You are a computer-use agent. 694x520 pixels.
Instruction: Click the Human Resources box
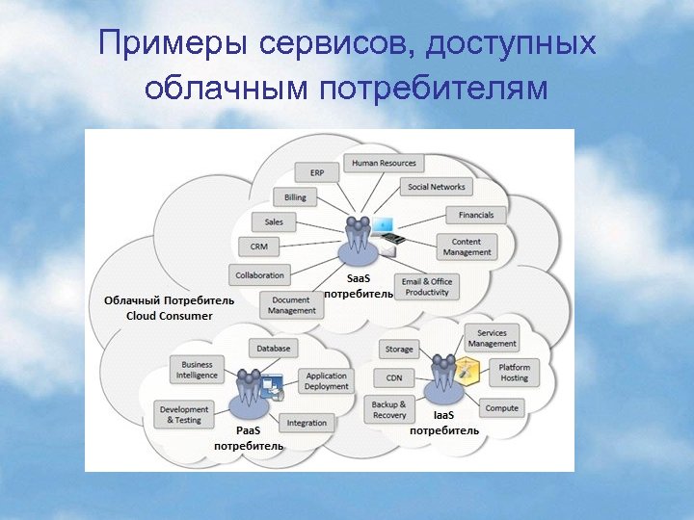[x=384, y=163]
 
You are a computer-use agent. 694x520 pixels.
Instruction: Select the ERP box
[x=317, y=173]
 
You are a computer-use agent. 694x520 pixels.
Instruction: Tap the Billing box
[x=295, y=197]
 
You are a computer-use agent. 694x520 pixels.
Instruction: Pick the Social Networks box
[x=436, y=187]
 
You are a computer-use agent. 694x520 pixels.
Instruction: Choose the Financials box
[x=475, y=215]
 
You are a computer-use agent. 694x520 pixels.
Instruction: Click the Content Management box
[x=467, y=247]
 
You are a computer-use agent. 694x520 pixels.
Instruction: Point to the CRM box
[x=258, y=247]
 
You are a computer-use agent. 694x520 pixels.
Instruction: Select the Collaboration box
[x=259, y=275]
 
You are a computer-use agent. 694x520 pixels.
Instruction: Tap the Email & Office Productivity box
[x=427, y=287]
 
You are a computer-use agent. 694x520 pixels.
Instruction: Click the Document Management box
[x=292, y=305]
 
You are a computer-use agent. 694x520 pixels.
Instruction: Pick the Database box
[x=274, y=348]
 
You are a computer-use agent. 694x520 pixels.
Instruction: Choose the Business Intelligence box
[x=197, y=370]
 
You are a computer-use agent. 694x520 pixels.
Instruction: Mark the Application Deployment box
[x=326, y=381]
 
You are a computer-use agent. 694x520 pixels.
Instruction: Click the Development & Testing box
[x=183, y=414]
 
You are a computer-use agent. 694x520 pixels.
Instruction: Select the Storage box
[x=399, y=349]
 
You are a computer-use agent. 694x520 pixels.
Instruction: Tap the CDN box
[x=393, y=377]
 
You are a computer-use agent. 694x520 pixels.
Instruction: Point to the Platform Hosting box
[x=514, y=373]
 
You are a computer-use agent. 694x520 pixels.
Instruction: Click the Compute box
[x=501, y=408]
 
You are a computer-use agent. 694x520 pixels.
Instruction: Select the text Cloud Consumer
[x=170, y=316]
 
